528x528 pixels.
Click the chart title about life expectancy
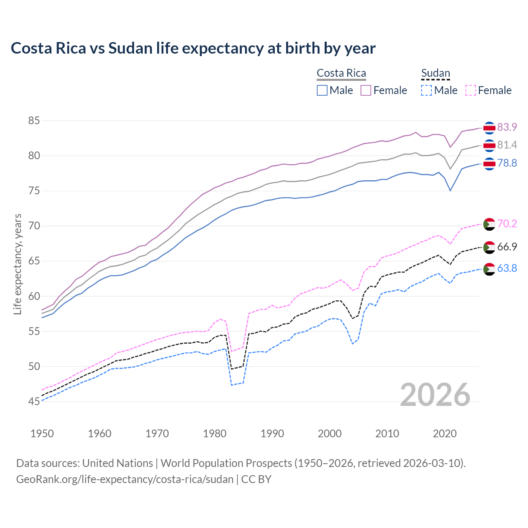193,48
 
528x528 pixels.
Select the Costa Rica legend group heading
341,73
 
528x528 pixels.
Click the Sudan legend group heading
435,73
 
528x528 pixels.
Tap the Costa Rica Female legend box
366,90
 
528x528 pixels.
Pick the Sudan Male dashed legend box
427,90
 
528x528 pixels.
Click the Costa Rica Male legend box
322,90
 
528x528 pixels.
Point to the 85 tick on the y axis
34,121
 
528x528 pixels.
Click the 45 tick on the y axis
34,401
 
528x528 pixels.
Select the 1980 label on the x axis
215,434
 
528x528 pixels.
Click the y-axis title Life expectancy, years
17,264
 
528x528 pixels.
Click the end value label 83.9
507,127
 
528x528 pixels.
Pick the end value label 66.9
507,247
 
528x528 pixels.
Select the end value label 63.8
507,268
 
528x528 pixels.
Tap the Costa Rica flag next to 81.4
489,145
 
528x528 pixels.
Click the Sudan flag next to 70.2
489,224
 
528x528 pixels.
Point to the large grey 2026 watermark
435,395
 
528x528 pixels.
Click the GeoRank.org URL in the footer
125,479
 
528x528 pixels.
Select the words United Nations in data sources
118,463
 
